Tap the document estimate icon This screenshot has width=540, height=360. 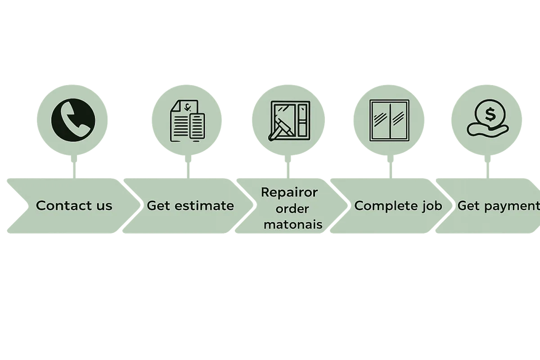pyautogui.click(x=187, y=120)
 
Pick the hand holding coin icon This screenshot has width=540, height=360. pyautogui.click(x=488, y=118)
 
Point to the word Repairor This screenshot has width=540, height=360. pyautogui.click(x=289, y=192)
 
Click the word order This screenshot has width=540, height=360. pyautogui.click(x=292, y=208)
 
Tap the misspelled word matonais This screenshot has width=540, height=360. pyautogui.click(x=293, y=224)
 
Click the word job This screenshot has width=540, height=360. pyautogui.click(x=432, y=206)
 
